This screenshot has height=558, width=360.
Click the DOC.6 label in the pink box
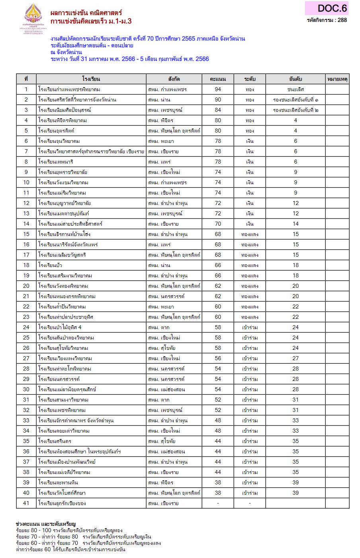coord(332,8)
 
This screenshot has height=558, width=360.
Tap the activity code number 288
coord(342,20)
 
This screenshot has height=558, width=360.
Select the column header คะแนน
coord(218,79)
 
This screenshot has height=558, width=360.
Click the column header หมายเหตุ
coord(337,79)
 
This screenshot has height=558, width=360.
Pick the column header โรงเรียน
coord(91,79)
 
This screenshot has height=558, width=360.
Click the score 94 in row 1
coord(218,89)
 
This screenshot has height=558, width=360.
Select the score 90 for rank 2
coord(218,100)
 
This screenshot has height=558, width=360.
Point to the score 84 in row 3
coord(218,110)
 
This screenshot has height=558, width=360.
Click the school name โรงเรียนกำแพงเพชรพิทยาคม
coord(69,89)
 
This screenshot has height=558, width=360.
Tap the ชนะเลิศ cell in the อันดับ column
coord(295,89)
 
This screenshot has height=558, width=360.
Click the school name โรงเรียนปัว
coord(50,265)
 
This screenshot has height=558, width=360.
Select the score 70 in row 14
coord(218,224)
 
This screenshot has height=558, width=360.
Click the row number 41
coord(26,503)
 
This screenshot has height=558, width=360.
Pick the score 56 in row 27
coord(218,358)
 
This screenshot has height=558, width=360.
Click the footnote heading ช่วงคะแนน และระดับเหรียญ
coord(45,524)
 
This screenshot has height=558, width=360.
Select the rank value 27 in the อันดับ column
coord(295,358)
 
